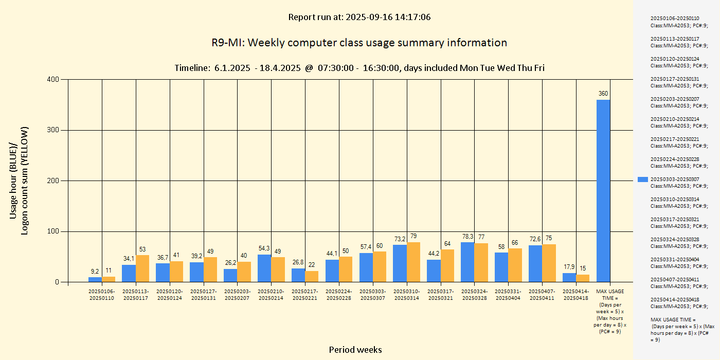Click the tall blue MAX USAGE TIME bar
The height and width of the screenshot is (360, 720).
coord(603,191)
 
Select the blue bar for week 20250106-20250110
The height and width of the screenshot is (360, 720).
coord(95,280)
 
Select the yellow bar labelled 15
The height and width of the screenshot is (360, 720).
coord(583,278)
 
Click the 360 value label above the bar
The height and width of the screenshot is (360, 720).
coord(603,94)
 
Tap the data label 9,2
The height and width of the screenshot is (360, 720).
coord(95,271)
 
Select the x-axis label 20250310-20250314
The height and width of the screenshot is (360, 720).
coord(407,295)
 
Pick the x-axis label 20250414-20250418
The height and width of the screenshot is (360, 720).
coord(576,295)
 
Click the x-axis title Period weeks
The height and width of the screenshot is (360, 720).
coord(355,350)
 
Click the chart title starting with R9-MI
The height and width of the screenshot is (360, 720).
coord(359,43)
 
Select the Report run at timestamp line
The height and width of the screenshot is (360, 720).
coord(359,17)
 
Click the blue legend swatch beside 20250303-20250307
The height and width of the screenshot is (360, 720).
coord(643,179)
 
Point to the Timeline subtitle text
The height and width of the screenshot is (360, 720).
coord(359,68)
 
